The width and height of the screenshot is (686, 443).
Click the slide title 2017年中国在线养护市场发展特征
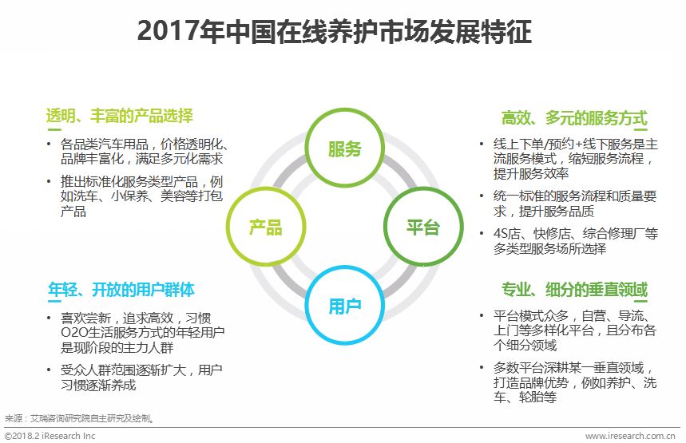click(335, 30)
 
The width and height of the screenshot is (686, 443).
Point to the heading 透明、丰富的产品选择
click(120, 116)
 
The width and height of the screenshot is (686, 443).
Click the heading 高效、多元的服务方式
click(574, 118)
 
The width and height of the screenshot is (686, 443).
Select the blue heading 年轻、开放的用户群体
click(121, 290)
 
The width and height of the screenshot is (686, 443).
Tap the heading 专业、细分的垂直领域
click(574, 290)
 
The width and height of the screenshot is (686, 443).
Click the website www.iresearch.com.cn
click(630, 436)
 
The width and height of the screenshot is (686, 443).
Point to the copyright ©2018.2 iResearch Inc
click(50, 436)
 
